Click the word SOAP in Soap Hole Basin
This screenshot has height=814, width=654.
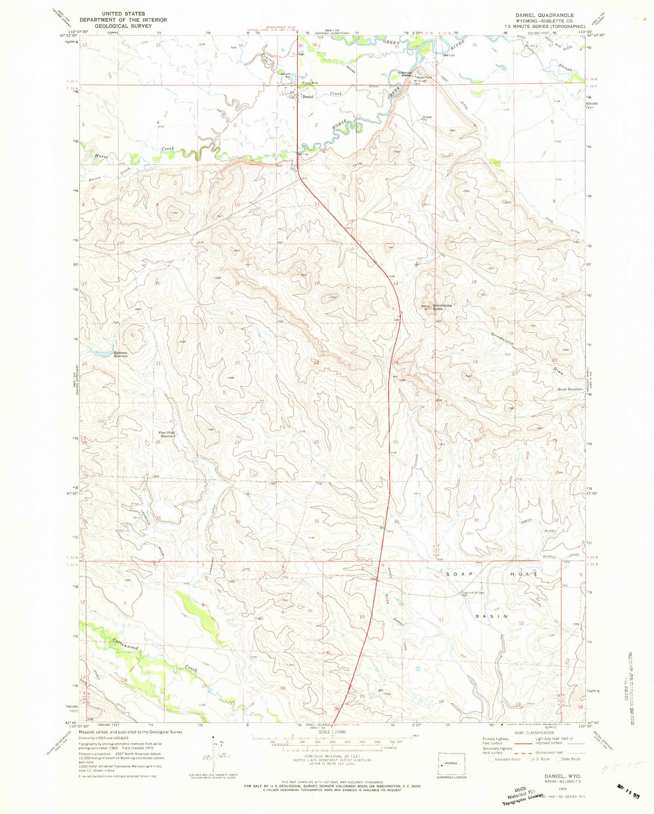(x=459, y=574)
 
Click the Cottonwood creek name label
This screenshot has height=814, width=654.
(x=125, y=646)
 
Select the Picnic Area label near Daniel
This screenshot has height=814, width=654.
(x=310, y=83)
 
